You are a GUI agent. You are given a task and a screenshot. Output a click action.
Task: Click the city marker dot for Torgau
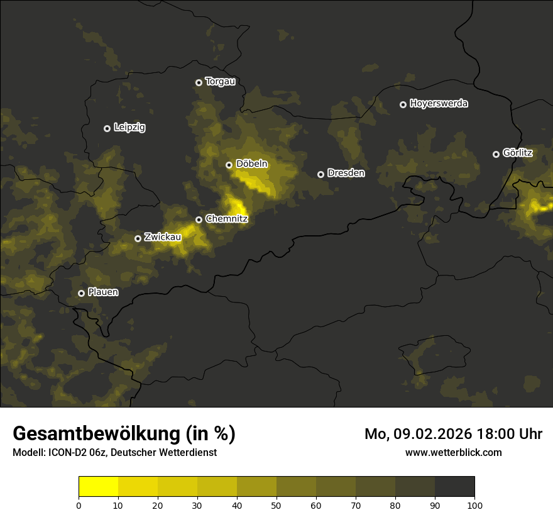[199, 82]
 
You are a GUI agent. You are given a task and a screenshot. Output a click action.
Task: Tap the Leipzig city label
[129, 128]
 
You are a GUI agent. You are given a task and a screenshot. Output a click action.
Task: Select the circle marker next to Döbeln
[229, 165]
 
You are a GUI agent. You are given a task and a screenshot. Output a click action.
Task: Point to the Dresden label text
[346, 173]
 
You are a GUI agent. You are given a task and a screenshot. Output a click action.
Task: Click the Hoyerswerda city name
[439, 104]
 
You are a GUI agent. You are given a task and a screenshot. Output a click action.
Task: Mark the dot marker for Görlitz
[496, 154]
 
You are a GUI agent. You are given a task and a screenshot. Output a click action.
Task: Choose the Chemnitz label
[227, 219]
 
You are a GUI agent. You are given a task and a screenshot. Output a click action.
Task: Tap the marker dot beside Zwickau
[138, 238]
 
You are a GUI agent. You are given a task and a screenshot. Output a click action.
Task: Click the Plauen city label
[103, 292]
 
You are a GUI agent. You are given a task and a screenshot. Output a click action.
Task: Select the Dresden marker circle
[320, 174]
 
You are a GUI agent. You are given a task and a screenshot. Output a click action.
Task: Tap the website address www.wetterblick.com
[453, 452]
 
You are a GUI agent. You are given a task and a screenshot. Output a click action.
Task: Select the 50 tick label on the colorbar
[276, 505]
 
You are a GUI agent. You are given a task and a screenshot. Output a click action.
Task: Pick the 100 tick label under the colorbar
[474, 505]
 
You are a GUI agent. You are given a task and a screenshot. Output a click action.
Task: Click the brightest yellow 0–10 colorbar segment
[98, 487]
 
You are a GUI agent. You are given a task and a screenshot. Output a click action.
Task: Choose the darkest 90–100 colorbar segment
[454, 487]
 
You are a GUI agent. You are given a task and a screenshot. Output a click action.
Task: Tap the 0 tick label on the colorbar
[79, 505]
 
